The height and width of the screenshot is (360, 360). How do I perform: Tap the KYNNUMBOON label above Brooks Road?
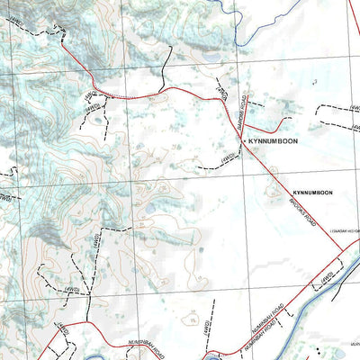coord(311,193)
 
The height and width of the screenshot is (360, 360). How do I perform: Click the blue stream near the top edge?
coord(236,27)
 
